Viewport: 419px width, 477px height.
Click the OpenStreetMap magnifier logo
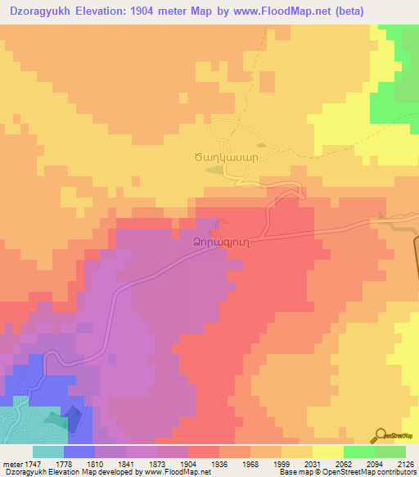point(381,436)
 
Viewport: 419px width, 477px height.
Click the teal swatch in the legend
point(47,452)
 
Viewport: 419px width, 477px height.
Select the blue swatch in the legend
point(79,452)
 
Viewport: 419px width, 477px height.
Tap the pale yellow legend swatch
point(328,452)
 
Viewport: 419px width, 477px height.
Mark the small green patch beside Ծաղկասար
point(213,170)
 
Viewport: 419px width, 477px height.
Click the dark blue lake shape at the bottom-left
point(74,420)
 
